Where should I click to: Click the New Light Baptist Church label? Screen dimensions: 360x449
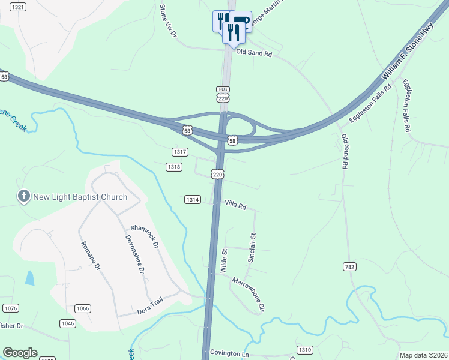coord(80,197)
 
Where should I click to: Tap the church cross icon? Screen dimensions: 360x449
coord(23,196)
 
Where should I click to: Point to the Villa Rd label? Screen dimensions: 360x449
coord(235,206)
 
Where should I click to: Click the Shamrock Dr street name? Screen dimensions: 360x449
coord(144,236)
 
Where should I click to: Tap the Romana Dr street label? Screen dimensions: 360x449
coord(89,256)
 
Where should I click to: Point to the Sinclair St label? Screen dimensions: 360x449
coord(252,248)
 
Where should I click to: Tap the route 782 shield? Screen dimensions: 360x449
coord(350,266)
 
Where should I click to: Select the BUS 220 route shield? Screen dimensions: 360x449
coord(223,94)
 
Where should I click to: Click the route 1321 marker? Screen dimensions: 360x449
coord(19,7)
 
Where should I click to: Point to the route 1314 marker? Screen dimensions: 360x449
coord(192,199)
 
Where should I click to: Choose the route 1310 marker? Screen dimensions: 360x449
coord(305,350)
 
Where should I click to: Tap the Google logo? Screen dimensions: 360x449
coord(20,353)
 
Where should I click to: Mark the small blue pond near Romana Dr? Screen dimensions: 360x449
coord(30,277)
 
